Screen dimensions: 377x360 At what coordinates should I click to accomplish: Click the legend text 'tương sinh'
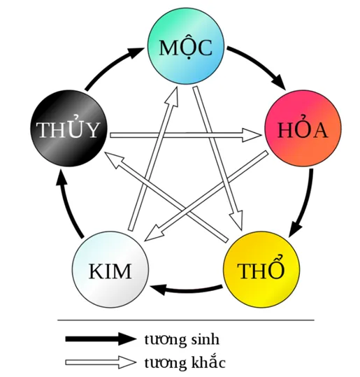tap(182, 339)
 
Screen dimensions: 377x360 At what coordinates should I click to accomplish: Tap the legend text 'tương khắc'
tap(185, 362)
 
